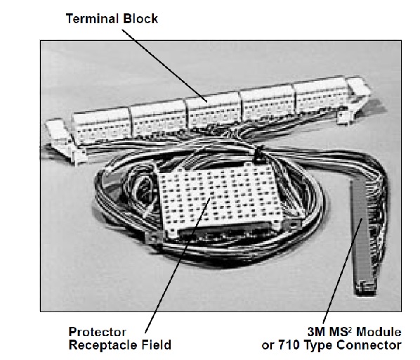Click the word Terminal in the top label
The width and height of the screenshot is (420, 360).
[x=92, y=19]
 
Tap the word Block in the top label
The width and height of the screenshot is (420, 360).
[x=140, y=19]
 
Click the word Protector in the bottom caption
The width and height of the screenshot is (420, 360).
[x=97, y=332]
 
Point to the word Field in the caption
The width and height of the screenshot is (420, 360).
[x=157, y=345]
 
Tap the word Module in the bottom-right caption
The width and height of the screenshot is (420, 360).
[x=379, y=332]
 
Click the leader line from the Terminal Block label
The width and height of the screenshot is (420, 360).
[x=164, y=65]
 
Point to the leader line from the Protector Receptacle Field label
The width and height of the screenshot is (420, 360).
[x=178, y=266]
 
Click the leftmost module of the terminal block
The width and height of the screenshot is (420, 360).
[x=101, y=124]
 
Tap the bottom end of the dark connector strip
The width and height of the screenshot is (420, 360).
[x=365, y=290]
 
